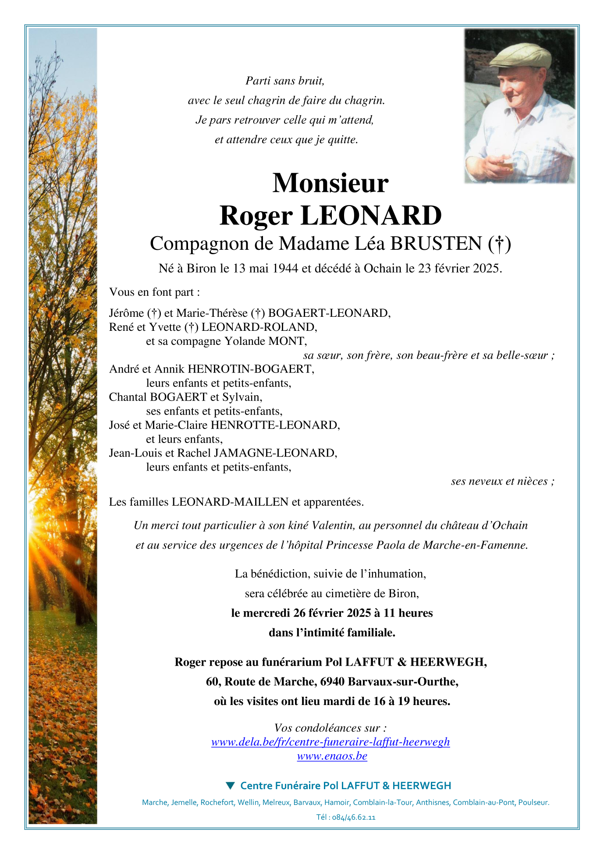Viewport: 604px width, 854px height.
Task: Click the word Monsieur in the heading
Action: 330,183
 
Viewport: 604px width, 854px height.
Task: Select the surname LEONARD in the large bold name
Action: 371,216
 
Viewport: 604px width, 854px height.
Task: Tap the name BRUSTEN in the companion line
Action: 436,244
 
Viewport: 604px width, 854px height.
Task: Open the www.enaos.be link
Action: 332,756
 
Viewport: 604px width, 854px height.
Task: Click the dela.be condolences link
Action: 330,742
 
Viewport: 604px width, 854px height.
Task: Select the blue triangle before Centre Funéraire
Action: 230,785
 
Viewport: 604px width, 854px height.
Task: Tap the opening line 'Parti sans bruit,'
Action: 285,81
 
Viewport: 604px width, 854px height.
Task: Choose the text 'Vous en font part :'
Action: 154,292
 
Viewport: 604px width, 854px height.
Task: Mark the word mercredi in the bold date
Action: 266,613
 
